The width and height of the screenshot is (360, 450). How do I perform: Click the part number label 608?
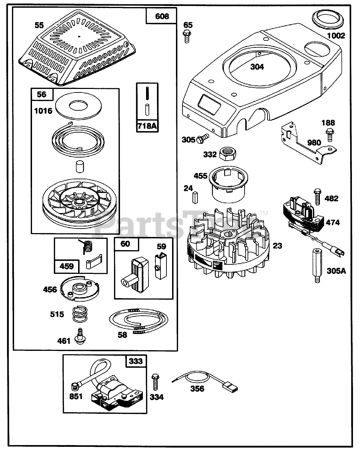162,17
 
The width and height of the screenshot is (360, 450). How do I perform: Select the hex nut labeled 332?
225,154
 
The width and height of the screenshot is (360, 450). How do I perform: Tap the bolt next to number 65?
187,36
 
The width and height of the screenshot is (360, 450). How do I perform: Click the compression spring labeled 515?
80,314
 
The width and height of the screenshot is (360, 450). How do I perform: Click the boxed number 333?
136,361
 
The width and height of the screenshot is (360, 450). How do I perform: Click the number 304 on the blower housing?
257,67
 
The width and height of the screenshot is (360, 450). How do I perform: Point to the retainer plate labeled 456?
78,289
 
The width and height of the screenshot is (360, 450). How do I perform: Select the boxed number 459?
67,266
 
